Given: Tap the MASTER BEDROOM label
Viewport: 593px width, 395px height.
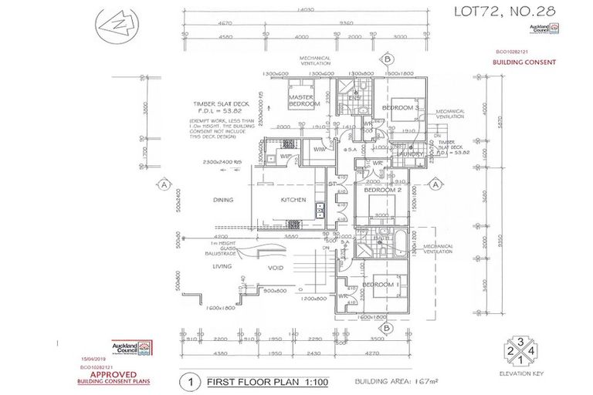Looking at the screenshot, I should [303, 100].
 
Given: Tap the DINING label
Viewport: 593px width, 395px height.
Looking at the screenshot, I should [223, 200].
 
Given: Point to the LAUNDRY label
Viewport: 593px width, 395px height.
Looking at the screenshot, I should [408, 154].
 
